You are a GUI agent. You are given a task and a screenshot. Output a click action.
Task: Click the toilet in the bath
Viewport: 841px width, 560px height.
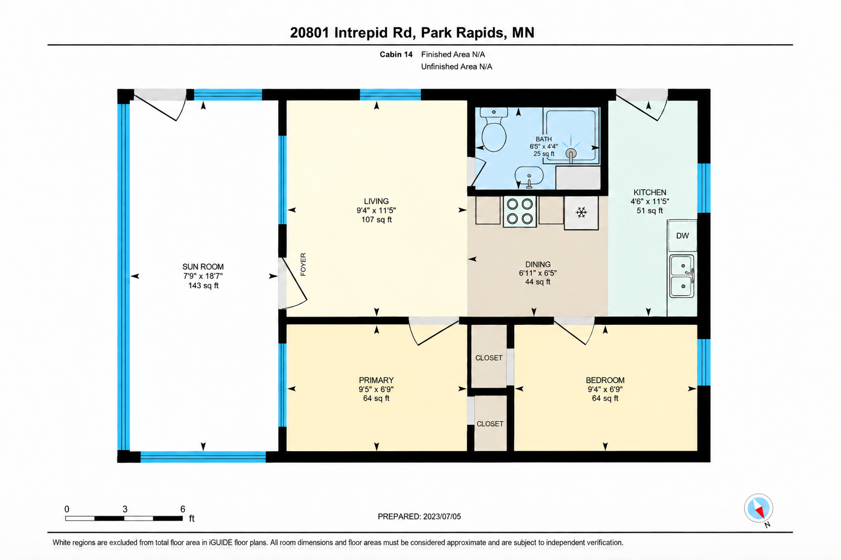coord(494,130)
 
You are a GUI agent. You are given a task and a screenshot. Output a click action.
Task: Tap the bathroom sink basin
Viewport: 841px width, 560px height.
coord(529,176)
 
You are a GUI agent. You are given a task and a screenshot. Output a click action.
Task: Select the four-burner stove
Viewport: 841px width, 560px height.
coord(520,211)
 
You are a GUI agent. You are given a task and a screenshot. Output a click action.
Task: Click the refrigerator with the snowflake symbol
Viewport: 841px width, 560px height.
coord(581,213)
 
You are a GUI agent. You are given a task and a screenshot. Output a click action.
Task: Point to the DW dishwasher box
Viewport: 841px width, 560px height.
coord(682,236)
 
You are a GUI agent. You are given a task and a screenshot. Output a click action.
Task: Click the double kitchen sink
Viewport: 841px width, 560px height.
coord(682,276)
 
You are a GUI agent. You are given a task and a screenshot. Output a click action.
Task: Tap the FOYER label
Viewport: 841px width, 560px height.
coord(303,265)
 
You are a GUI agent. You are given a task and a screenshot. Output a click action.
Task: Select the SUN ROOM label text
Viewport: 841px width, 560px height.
coord(203,267)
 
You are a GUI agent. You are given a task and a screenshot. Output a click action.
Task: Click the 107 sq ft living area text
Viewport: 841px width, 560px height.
coord(377,220)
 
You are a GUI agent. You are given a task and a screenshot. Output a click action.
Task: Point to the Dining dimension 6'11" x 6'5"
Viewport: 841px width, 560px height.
coord(538,273)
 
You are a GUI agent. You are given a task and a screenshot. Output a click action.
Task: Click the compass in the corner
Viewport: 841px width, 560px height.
coord(758,508)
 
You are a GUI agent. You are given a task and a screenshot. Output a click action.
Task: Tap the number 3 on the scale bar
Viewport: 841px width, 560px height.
coord(125,509)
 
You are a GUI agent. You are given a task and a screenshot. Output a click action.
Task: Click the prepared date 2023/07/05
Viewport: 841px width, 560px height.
coord(442,516)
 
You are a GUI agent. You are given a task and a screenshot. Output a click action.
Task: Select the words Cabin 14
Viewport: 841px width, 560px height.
coord(396,54)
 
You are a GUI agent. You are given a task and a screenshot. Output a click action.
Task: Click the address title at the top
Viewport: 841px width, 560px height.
coord(412,33)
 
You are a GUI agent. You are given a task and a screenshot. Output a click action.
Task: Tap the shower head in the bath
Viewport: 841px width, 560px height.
coord(571,153)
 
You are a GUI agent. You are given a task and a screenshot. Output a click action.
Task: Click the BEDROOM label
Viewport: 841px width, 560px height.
coord(605,380)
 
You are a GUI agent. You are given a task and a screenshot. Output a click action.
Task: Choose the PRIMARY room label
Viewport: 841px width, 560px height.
coord(376,380)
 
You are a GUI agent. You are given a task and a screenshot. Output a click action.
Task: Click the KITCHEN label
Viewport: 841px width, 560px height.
coord(650,192)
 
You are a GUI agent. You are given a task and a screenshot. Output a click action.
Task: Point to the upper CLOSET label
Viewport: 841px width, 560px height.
coord(489,358)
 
